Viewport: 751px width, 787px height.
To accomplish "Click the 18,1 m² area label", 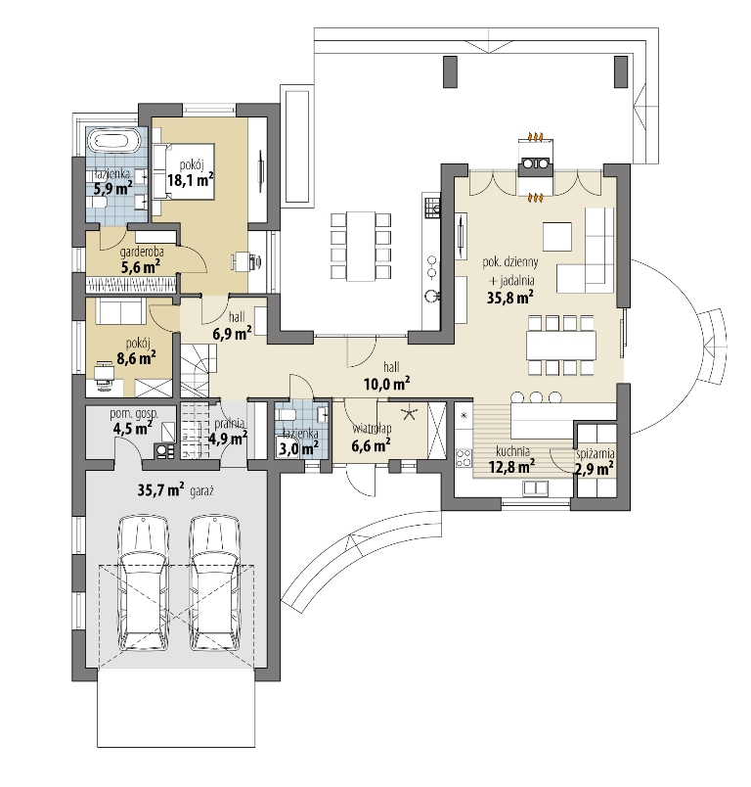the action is point(191,180).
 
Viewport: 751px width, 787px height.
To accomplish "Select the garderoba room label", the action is point(142,252).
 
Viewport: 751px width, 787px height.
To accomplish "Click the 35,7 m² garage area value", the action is point(161,489).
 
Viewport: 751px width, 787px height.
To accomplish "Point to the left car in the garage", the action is point(144,583).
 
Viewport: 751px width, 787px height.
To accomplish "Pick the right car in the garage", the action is point(215,583).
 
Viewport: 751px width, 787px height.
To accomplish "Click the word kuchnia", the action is point(512,451).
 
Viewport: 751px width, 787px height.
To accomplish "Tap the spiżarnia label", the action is point(596,454).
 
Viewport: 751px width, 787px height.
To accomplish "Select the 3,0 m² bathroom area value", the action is point(299,448).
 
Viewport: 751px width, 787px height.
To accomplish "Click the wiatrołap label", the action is point(372,429).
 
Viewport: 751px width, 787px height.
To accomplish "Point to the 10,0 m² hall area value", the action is point(386,384).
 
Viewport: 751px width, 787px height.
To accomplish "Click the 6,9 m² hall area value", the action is point(232,333).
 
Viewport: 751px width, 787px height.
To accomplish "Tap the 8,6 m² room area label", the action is point(136,358).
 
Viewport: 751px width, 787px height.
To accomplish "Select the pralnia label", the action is point(229,423).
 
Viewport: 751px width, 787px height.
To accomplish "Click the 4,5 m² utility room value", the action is point(133,428).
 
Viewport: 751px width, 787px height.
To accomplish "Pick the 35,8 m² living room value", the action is point(509,298).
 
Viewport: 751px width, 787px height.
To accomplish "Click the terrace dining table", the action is point(361,247).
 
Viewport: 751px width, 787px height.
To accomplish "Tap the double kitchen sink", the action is point(535,487).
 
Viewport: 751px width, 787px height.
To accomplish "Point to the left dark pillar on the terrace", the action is point(450,71).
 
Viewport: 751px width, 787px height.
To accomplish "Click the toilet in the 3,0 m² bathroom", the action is point(287,416).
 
